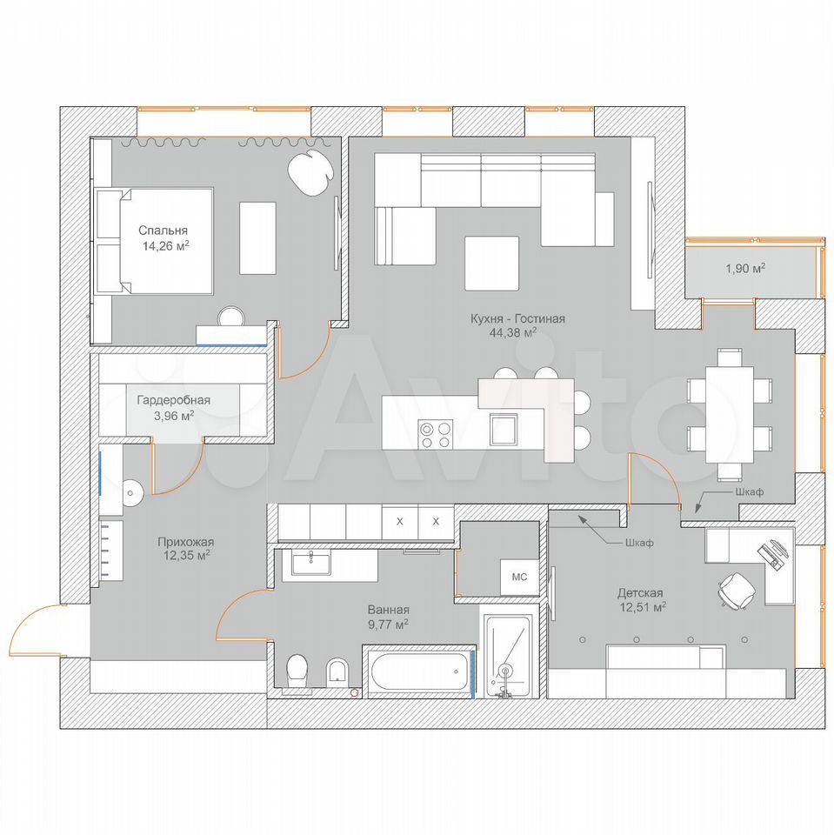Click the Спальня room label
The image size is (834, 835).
pyautogui.click(x=163, y=230)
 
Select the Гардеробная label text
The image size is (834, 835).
pyautogui.click(x=174, y=400)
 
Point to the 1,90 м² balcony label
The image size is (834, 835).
pyautogui.click(x=745, y=268)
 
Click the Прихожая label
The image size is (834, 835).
pyautogui.click(x=186, y=542)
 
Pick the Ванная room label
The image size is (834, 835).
pyautogui.click(x=388, y=611)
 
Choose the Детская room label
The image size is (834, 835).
pyautogui.click(x=640, y=592)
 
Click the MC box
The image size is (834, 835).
pyautogui.click(x=519, y=577)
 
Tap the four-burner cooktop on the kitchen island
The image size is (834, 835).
pyautogui.click(x=435, y=435)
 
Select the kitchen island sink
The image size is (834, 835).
pyautogui.click(x=504, y=429)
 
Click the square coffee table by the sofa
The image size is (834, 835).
pyautogui.click(x=491, y=263)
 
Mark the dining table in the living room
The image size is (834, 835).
pyautogui.click(x=729, y=414)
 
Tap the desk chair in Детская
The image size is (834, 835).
pyautogui.click(x=737, y=590)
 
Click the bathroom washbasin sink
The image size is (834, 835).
pyautogui.click(x=310, y=563)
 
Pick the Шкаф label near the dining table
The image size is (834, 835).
pyautogui.click(x=749, y=491)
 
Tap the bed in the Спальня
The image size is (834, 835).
pyautogui.click(x=155, y=241)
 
